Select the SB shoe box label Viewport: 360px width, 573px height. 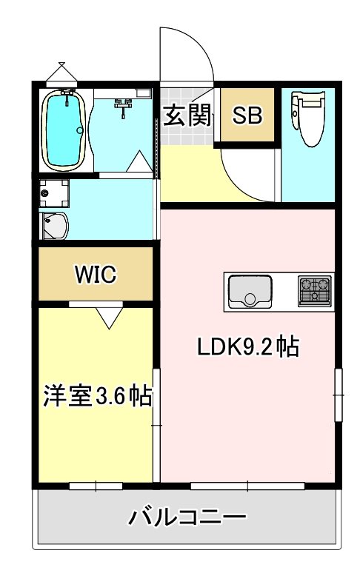pos(247,115)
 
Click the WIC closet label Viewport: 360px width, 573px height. pos(96,275)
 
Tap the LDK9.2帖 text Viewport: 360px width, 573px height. pos(247,346)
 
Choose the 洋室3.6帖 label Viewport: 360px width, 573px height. pos(96,397)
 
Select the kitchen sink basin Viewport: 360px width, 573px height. pos(250,292)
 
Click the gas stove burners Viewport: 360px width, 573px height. pos(314,291)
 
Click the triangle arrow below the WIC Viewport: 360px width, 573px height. pos(110,317)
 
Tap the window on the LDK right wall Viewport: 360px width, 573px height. pos(338,395)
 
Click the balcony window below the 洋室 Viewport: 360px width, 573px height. pos(96,486)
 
